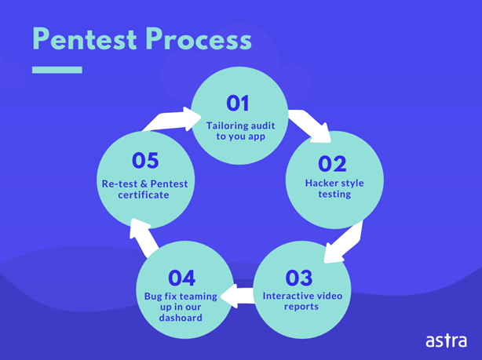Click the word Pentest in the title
tap(85, 39)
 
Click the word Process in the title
tap(199, 39)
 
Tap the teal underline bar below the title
tap(57, 70)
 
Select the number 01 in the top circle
tap(238, 104)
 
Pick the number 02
tap(332, 164)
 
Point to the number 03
tap(299, 278)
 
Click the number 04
tap(181, 278)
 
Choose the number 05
tap(145, 160)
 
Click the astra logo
tap(447, 340)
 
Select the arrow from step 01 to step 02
tap(309, 125)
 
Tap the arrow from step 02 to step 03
tap(344, 242)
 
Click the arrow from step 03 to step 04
tap(237, 296)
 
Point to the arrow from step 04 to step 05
tap(143, 237)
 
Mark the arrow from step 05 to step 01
tap(171, 120)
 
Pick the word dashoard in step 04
tap(181, 318)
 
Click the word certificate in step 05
tap(144, 195)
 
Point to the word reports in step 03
tap(301, 307)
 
